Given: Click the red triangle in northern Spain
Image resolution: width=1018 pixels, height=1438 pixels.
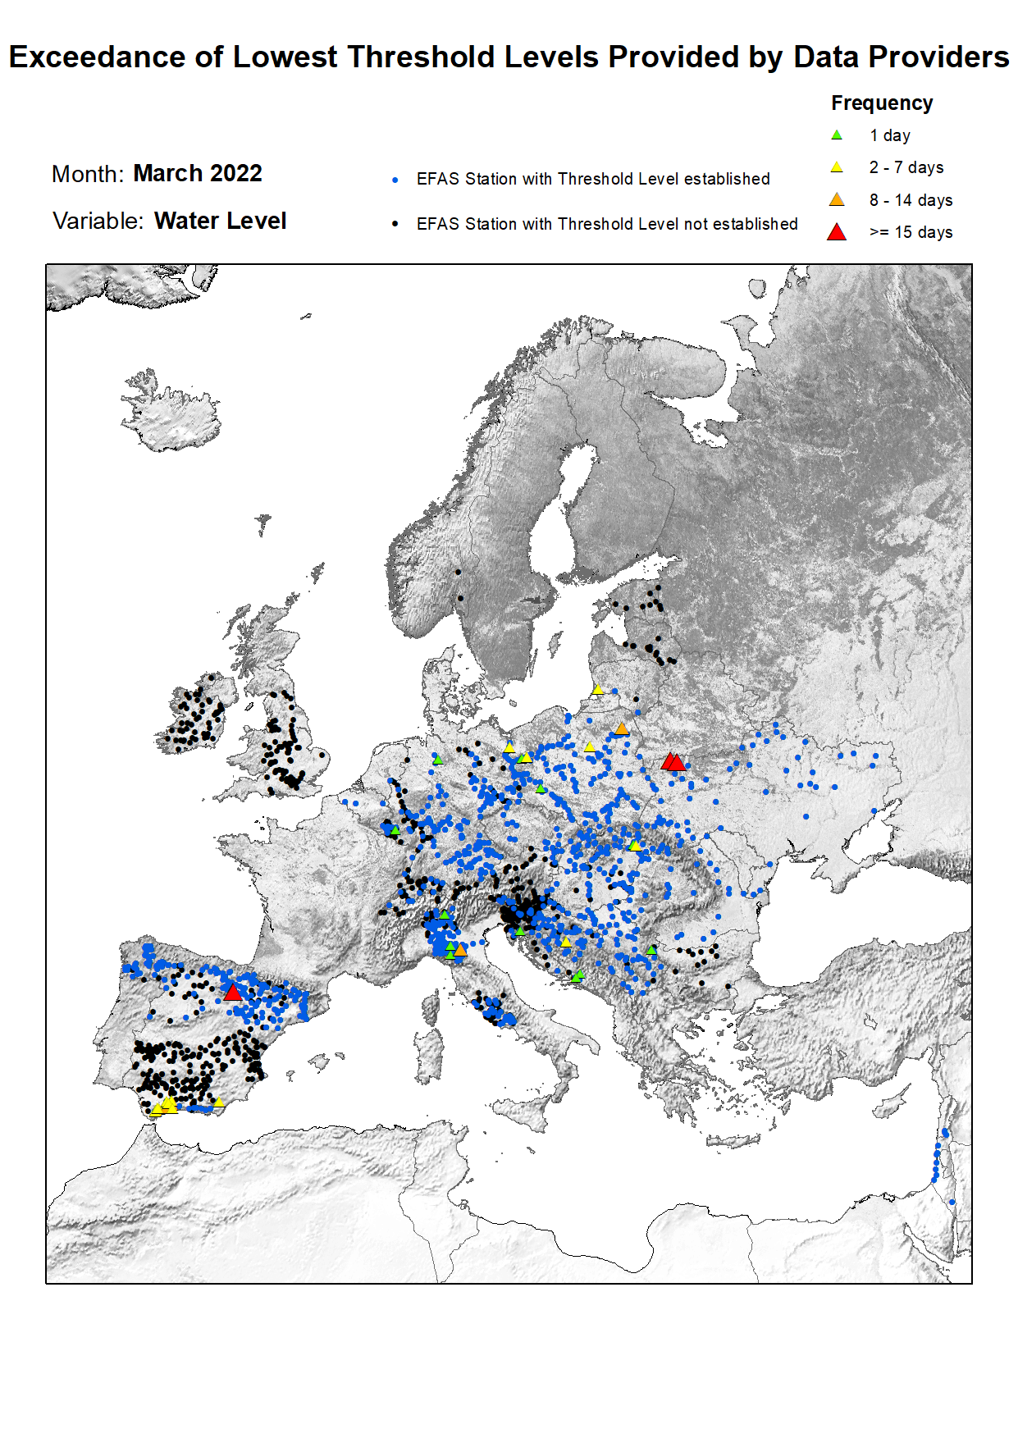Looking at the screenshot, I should [232, 993].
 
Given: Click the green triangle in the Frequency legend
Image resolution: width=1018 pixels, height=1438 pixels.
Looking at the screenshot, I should [837, 135].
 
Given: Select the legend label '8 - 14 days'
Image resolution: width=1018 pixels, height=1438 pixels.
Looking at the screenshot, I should [911, 200].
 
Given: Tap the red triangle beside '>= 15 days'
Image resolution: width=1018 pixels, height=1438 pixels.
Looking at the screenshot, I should [837, 232].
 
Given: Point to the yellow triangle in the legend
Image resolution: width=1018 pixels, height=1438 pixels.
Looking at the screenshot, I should [837, 167].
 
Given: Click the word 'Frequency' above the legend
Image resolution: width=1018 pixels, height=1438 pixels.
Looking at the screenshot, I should [882, 103].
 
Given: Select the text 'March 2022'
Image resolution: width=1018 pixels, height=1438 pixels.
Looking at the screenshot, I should [198, 173].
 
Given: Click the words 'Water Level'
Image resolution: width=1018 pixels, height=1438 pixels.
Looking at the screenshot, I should [220, 221].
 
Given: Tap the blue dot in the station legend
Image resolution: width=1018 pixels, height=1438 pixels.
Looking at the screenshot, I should [395, 180].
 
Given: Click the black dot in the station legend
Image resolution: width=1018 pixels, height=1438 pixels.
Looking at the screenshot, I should [395, 224].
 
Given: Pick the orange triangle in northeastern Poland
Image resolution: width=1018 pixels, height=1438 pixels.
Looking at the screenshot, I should [622, 728].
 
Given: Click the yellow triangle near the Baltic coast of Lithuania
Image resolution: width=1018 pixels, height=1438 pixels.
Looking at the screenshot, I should [598, 690].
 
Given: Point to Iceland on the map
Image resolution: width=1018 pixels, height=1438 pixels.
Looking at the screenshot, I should [172, 410].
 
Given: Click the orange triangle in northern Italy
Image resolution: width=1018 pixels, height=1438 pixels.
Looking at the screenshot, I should [460, 950].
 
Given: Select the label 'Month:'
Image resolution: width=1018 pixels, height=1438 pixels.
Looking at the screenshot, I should [87, 174].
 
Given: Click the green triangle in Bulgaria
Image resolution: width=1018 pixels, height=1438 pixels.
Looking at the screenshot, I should [651, 950].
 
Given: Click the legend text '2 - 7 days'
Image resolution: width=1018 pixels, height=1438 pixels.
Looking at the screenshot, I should [906, 167].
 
